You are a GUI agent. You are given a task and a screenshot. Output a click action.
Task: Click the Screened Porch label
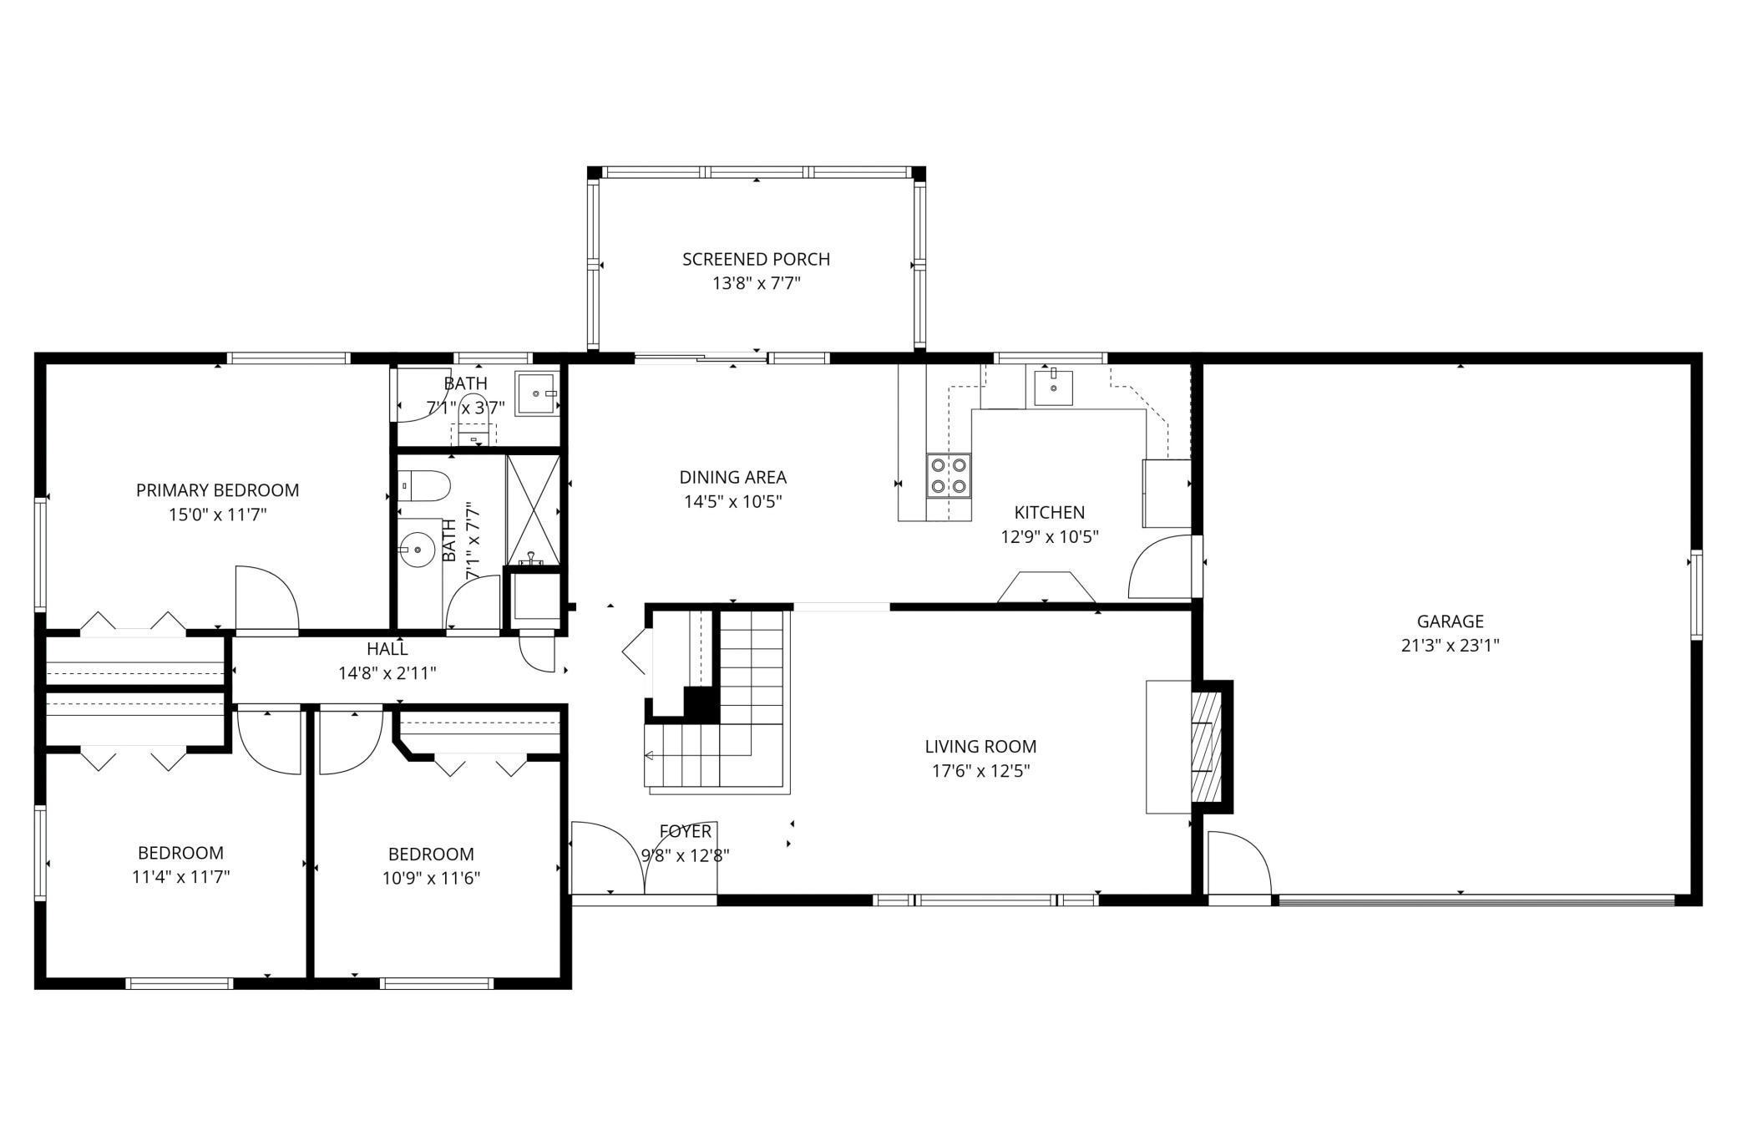click(756, 259)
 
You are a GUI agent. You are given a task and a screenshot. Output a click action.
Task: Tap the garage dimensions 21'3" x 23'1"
click(1450, 646)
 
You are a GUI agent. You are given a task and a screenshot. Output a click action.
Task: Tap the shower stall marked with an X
click(533, 509)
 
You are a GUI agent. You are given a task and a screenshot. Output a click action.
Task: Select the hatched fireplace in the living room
click(1205, 746)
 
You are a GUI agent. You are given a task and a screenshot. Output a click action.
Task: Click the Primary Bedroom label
click(217, 490)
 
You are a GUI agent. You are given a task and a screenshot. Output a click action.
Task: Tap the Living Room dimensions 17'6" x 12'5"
click(980, 771)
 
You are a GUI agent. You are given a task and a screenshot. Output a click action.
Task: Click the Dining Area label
click(732, 478)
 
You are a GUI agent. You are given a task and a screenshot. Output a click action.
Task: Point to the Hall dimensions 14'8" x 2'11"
click(387, 672)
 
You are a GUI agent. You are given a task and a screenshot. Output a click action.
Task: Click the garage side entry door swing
click(1238, 863)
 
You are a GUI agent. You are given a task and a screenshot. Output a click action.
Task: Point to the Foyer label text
click(685, 831)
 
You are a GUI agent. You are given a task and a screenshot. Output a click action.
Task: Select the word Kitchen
click(1049, 513)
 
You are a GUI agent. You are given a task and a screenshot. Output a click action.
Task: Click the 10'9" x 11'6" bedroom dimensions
click(431, 879)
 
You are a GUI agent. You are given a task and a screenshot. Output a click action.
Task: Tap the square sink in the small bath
click(535, 393)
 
